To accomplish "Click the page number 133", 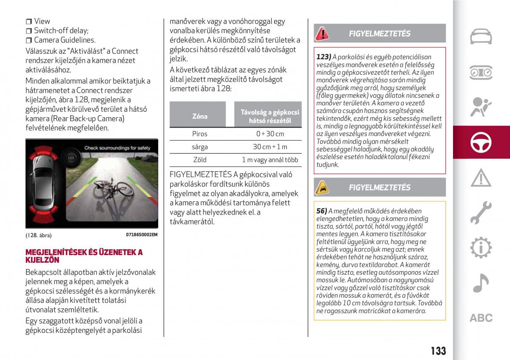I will [x=438, y=350].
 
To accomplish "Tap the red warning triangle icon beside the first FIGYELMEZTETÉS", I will [x=322, y=34].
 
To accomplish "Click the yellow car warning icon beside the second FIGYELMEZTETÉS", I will [x=322, y=187].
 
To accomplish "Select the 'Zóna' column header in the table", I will [x=200, y=116].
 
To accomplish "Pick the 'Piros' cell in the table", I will [x=200, y=134].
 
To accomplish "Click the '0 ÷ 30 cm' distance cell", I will [x=270, y=134].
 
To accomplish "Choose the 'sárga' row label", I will [x=200, y=147].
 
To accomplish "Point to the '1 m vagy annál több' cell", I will [x=270, y=160].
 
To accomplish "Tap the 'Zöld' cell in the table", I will [x=200, y=160].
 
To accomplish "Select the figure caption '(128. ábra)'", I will [x=36, y=235].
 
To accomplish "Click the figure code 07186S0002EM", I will [x=142, y=235].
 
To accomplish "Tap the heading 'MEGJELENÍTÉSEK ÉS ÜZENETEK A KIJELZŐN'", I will [x=84, y=256].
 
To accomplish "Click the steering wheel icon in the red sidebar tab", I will [x=481, y=143].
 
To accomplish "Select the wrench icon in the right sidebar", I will [x=481, y=213].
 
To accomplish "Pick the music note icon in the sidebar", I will [x=481, y=283].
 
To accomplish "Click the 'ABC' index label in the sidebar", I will [x=481, y=318].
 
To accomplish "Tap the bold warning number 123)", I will [x=324, y=57].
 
